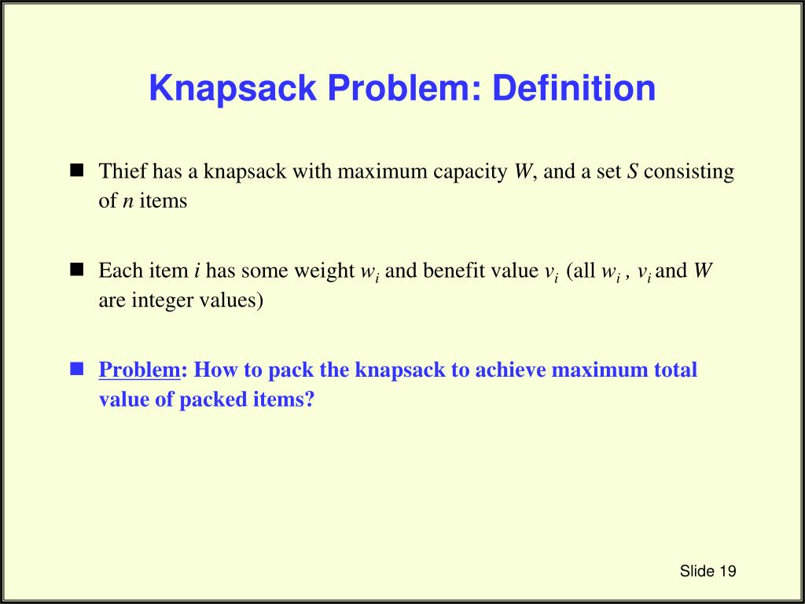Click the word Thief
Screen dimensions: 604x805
pos(123,171)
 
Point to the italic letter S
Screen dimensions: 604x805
pos(631,171)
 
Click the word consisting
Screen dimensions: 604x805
pos(689,171)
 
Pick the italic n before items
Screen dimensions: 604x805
pos(127,201)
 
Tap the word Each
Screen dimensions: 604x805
pos(119,271)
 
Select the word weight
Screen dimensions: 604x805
pos(325,271)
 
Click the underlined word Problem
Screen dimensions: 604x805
pos(140,370)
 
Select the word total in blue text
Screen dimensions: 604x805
pos(675,370)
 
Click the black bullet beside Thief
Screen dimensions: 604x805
pos(77,171)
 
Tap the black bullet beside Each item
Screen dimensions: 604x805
pos(77,271)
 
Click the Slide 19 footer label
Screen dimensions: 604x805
pos(708,571)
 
